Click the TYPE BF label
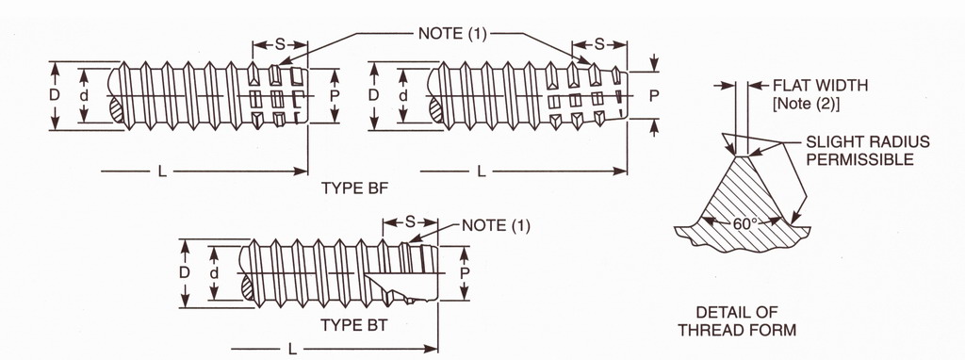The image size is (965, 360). pos(355,188)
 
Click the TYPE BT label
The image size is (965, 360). pos(354,325)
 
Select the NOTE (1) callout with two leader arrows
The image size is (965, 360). pos(452,34)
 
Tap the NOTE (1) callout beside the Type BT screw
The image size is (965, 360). pos(496,225)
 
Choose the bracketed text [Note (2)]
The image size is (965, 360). pos(807,104)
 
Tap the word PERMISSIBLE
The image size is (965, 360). pos(860,159)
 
